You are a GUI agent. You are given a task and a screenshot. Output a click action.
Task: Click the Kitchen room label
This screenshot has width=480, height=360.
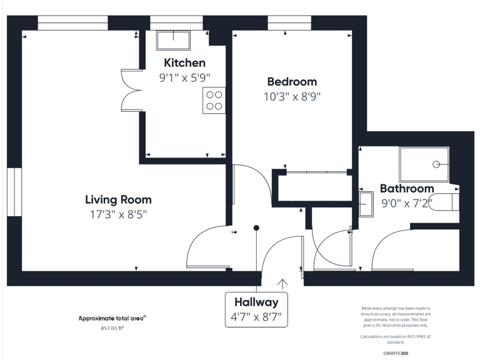(x=184, y=63)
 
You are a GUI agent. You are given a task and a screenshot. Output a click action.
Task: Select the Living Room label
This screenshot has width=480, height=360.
(x=118, y=200)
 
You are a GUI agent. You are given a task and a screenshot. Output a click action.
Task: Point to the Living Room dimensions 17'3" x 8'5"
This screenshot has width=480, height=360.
(x=118, y=214)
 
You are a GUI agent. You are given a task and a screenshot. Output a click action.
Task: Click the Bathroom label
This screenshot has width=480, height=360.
(x=406, y=189)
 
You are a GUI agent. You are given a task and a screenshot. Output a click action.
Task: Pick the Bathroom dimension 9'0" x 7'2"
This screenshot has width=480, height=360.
(x=407, y=202)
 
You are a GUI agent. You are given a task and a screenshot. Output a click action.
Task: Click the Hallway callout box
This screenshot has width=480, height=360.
(x=257, y=309)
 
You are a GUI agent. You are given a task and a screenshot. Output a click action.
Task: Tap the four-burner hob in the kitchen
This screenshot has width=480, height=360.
(x=213, y=101)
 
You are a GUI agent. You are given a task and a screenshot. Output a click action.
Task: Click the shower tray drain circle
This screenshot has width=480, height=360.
(x=436, y=164)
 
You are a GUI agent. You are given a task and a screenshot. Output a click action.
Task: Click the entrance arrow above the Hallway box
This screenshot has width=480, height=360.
(x=282, y=284)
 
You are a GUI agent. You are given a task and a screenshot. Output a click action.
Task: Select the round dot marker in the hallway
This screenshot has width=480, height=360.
(x=256, y=228)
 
